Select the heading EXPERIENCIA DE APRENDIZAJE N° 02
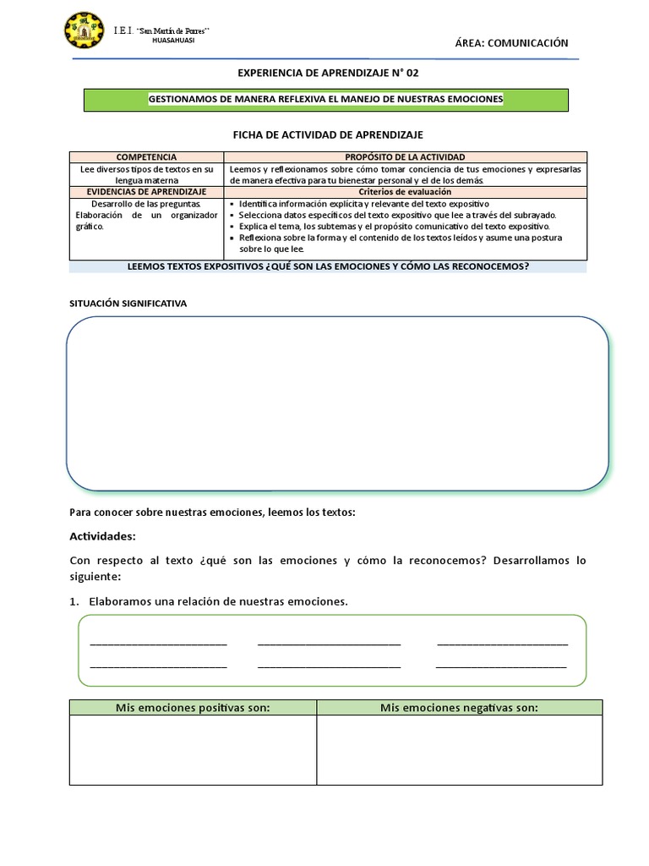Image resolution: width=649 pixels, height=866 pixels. [x=325, y=74]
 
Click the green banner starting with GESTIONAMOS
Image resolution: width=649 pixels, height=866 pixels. [x=325, y=100]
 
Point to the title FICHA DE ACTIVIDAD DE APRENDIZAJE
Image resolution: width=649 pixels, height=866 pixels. [x=327, y=134]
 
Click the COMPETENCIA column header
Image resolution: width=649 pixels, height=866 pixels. [x=146, y=157]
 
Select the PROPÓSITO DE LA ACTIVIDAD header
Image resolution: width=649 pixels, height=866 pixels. [x=405, y=157]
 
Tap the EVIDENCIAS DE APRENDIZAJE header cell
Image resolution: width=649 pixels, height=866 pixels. [x=146, y=192]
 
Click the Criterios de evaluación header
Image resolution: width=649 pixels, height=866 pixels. [x=405, y=192]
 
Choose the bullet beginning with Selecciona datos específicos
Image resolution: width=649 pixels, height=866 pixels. [x=397, y=216]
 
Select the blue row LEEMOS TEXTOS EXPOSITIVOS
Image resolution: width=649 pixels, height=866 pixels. [x=327, y=266]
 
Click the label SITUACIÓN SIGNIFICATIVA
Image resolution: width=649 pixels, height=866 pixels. [x=127, y=302]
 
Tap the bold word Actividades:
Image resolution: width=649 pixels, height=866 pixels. [x=101, y=536]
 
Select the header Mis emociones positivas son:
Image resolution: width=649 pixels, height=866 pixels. [x=193, y=708]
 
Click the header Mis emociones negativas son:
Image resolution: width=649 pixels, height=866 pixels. [x=459, y=708]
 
